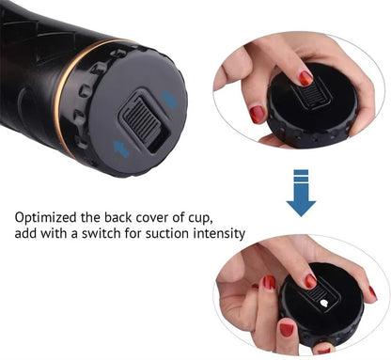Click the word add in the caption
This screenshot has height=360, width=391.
coord(26,234)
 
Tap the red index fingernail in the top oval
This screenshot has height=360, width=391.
coord(305,78)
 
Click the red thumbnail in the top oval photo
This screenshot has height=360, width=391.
coord(258,114)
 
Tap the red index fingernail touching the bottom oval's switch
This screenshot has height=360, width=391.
coord(309,281)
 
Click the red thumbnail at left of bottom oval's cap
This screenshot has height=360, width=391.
coord(269,283)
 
